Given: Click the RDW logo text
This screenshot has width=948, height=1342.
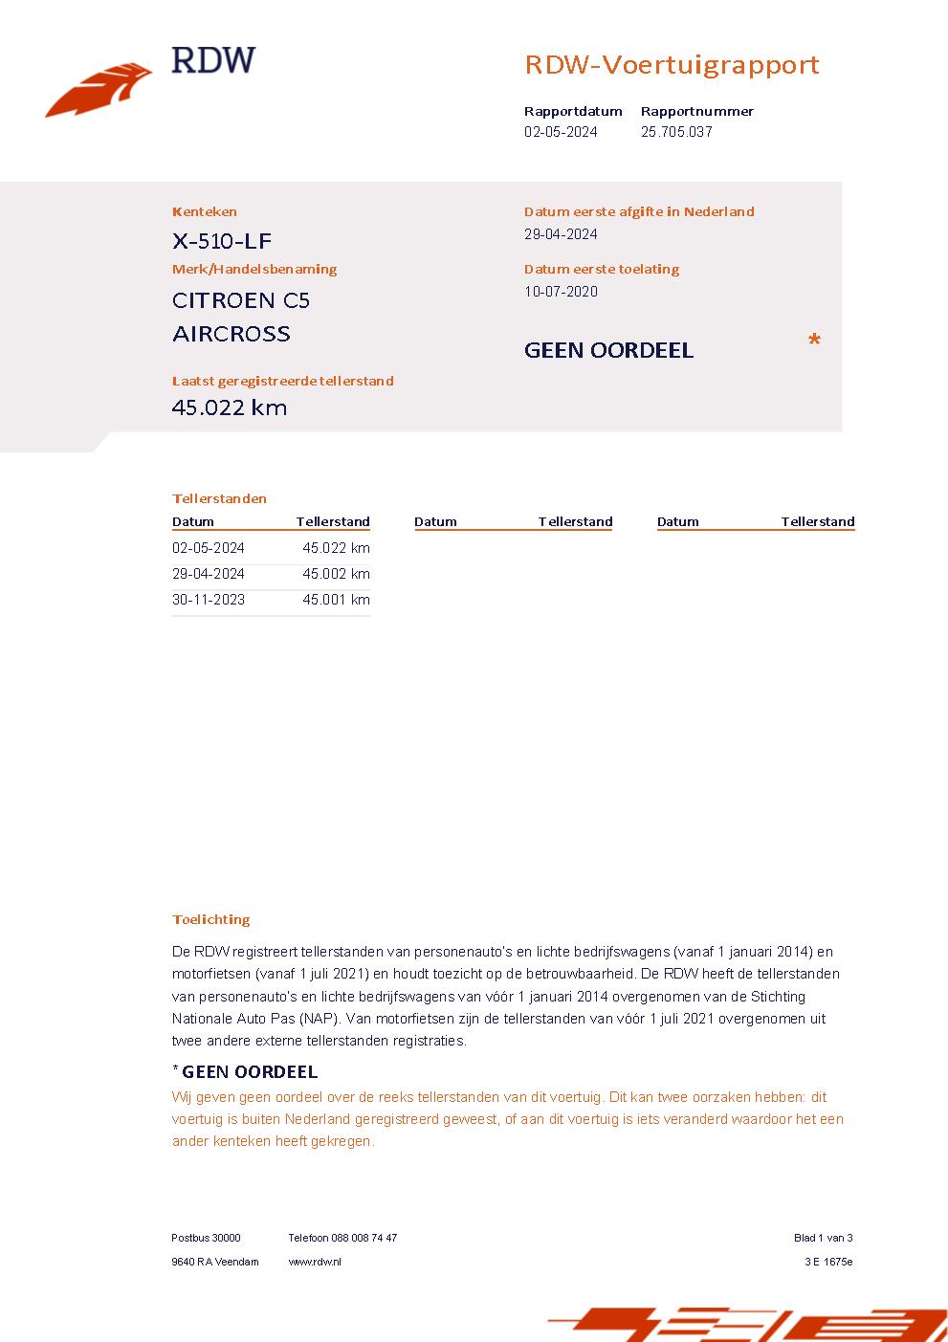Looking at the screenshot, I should click(x=213, y=60).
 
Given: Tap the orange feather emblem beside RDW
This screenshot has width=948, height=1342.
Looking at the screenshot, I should click(x=99, y=91).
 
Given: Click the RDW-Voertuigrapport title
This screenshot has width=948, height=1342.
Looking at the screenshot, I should click(x=672, y=65).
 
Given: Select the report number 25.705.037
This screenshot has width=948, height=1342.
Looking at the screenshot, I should click(x=676, y=132).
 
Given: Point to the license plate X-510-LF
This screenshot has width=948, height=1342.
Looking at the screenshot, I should click(x=222, y=241).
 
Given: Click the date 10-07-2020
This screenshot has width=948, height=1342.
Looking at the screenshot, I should click(x=561, y=292).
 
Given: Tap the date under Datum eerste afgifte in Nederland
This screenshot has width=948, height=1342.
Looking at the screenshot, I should click(x=561, y=234).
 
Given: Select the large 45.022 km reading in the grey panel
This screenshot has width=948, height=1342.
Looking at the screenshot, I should click(x=230, y=407).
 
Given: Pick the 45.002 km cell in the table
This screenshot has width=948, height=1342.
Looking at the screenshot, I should click(x=336, y=574).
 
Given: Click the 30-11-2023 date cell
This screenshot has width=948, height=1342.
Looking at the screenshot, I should click(x=209, y=600).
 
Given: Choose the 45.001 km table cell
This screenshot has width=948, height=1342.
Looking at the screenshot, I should click(x=336, y=600).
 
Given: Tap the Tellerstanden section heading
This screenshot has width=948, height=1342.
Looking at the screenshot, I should click(x=219, y=498).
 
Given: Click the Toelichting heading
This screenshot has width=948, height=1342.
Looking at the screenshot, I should click(x=210, y=919).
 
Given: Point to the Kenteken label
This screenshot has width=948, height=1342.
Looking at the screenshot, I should click(x=205, y=211).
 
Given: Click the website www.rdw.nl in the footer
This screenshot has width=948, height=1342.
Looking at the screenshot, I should click(x=315, y=1262).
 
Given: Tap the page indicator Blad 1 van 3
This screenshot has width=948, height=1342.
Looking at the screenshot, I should click(x=823, y=1238).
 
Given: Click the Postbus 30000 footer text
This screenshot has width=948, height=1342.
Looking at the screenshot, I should click(x=206, y=1238).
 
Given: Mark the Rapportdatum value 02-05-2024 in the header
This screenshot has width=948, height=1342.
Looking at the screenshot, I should click(x=561, y=132).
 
